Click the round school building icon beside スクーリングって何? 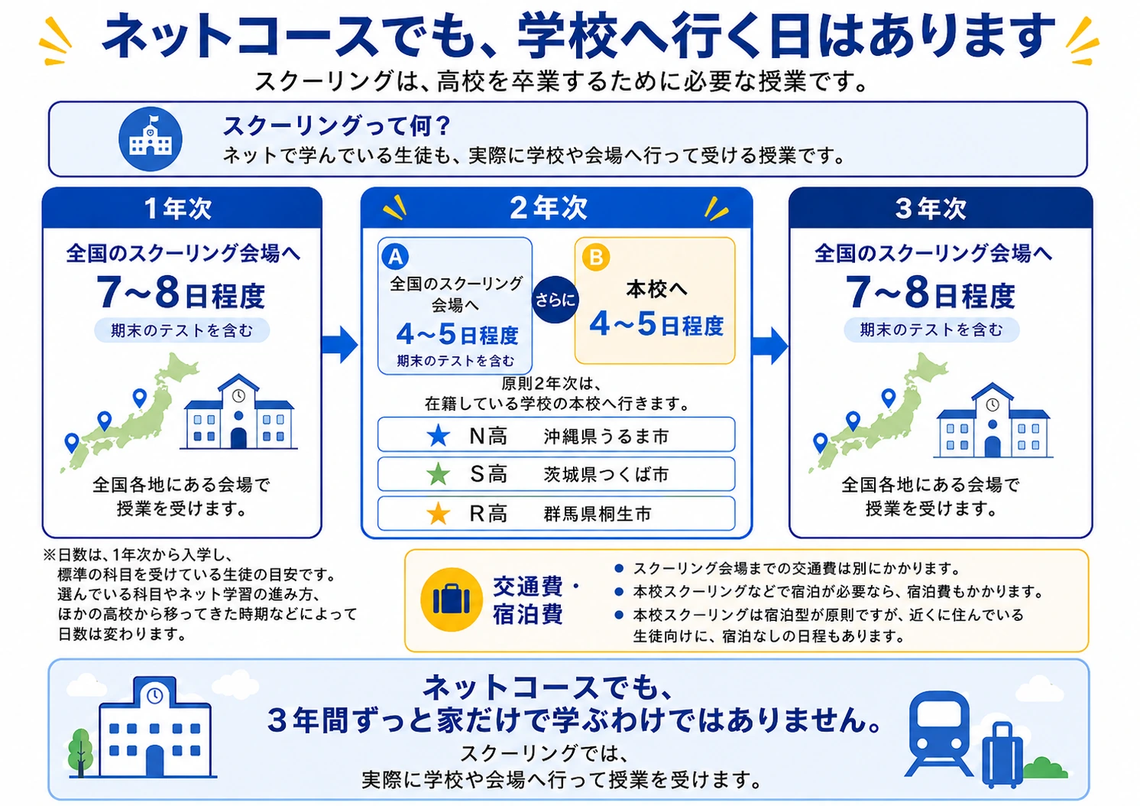click(x=150, y=138)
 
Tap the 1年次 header click(x=177, y=208)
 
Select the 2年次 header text click(x=549, y=208)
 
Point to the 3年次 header click(x=931, y=208)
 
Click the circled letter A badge click(x=396, y=256)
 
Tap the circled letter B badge click(x=596, y=257)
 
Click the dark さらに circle click(x=555, y=300)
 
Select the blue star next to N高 click(x=438, y=436)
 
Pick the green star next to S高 click(x=438, y=474)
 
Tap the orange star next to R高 click(x=438, y=513)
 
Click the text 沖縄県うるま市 click(x=606, y=437)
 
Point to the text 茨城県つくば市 click(x=606, y=475)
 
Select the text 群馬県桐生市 click(x=597, y=514)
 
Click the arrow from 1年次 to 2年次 click(x=340, y=345)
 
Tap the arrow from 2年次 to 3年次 click(x=770, y=346)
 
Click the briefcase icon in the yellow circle click(x=452, y=600)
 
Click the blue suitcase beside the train click(x=1002, y=755)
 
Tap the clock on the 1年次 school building click(x=238, y=396)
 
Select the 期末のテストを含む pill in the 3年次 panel click(x=931, y=330)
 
